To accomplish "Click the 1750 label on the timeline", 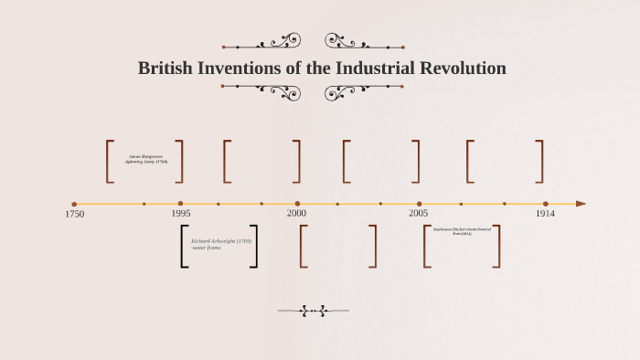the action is pyautogui.click(x=75, y=214).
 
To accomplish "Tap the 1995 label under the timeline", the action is pyautogui.click(x=181, y=213).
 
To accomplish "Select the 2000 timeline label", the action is pyautogui.click(x=297, y=213).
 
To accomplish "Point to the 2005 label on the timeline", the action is pyautogui.click(x=419, y=213).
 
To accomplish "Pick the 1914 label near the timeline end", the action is pyautogui.click(x=545, y=213).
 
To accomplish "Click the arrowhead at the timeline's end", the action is pyautogui.click(x=581, y=204).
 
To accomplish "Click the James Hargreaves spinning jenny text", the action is pyautogui.click(x=145, y=159).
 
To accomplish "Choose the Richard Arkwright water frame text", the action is pyautogui.click(x=220, y=244).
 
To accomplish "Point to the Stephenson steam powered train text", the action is pyautogui.click(x=462, y=231).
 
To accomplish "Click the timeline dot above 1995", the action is pyautogui.click(x=180, y=204).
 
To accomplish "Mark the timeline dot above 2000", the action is pyautogui.click(x=297, y=204).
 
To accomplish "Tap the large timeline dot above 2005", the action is pyautogui.click(x=420, y=204).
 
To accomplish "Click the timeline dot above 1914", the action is pyautogui.click(x=546, y=204).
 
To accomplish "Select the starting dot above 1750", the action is pyautogui.click(x=74, y=204).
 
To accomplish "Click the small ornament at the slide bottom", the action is pyautogui.click(x=313, y=311).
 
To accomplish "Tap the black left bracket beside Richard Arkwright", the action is pyautogui.click(x=184, y=246).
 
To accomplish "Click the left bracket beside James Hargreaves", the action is pyautogui.click(x=110, y=161).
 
